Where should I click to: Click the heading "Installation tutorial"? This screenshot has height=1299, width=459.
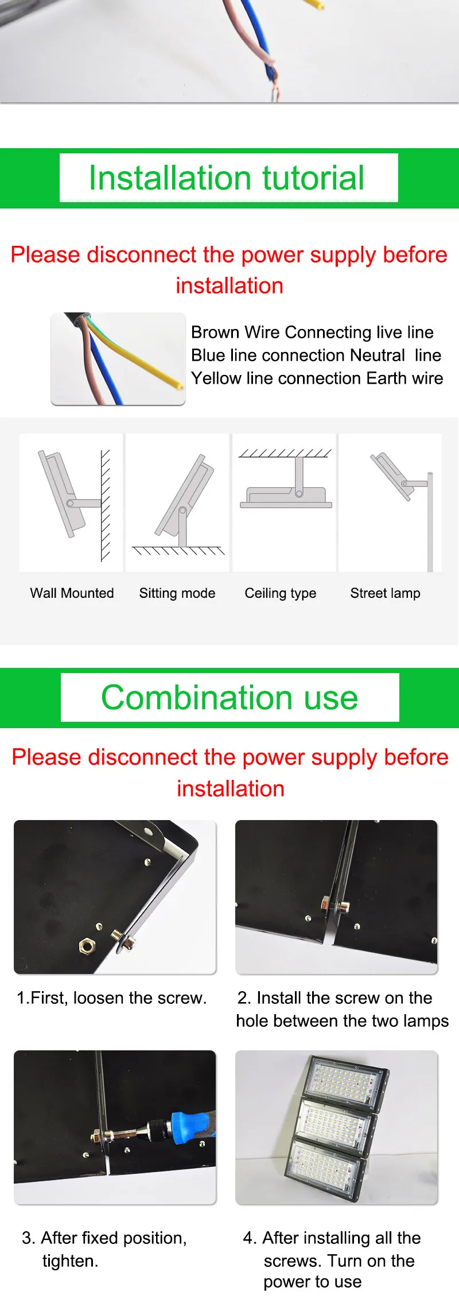(x=227, y=177)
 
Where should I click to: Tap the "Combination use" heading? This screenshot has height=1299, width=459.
(x=229, y=698)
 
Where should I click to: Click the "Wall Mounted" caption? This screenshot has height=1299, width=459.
(x=72, y=593)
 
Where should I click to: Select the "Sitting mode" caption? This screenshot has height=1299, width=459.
(x=177, y=593)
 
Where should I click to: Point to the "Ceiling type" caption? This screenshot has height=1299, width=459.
(x=281, y=593)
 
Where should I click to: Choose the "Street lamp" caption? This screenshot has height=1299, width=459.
(x=386, y=593)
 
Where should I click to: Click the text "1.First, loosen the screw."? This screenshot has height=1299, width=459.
(x=111, y=998)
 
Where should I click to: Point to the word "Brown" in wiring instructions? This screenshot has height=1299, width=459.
(x=215, y=332)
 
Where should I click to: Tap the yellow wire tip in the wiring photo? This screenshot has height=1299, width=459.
(x=180, y=386)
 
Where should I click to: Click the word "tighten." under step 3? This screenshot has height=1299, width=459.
(x=70, y=1261)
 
